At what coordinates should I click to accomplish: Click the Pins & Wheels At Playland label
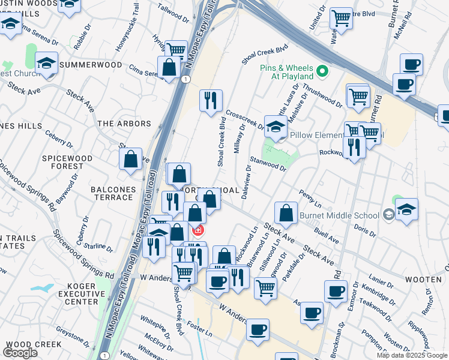[287, 72]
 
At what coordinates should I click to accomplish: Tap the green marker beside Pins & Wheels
[322, 72]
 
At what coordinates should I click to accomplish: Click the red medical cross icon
[197, 230]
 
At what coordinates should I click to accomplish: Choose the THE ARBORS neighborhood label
[124, 124]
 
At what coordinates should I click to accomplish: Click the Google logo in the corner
[20, 353]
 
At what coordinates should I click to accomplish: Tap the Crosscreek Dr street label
[245, 119]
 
